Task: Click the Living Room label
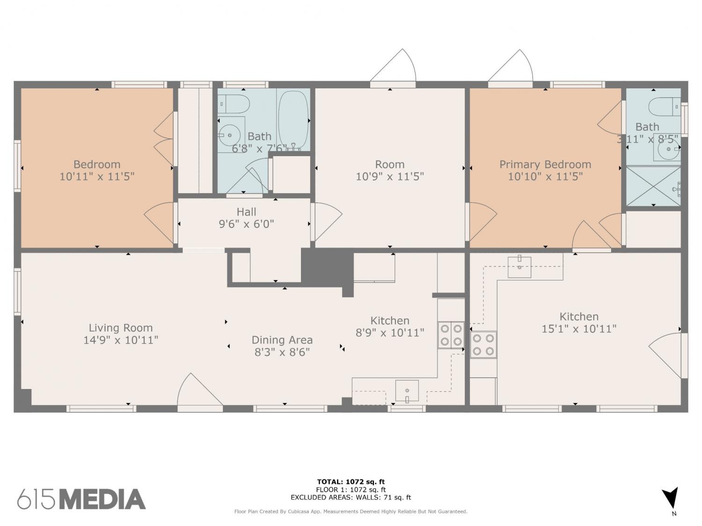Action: tap(121, 328)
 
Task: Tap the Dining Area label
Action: tap(282, 340)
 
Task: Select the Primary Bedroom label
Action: tap(545, 165)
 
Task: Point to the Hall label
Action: tap(246, 212)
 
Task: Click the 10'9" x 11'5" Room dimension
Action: tap(390, 176)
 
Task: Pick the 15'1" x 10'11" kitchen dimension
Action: tap(579, 329)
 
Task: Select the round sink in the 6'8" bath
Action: tap(229, 136)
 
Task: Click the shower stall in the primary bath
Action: tap(653, 187)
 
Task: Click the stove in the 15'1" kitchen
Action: tap(483, 345)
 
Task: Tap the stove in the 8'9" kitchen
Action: tap(451, 335)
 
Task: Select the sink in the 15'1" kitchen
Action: tap(519, 267)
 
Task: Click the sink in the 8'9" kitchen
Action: tap(407, 390)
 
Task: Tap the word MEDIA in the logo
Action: tap(103, 499)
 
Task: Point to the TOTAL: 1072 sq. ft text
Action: tap(351, 482)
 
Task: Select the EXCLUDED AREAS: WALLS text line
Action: tap(351, 497)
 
